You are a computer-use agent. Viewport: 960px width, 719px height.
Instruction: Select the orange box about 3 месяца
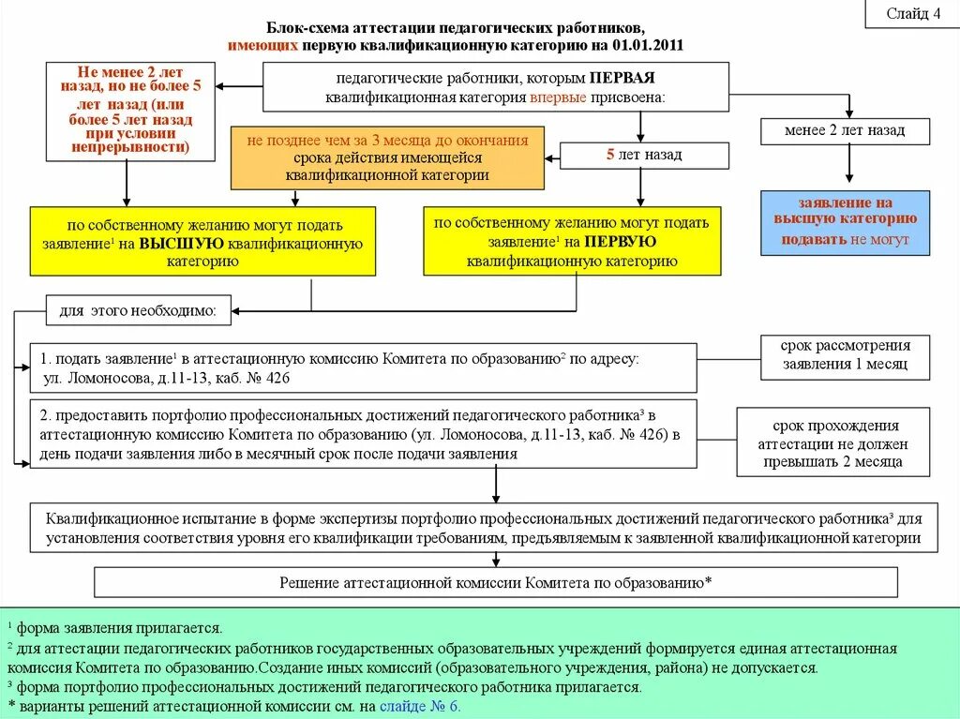coord(387,157)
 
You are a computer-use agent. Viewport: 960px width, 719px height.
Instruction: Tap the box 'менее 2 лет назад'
coord(845,131)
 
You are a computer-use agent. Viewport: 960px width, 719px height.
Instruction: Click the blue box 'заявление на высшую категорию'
coord(845,222)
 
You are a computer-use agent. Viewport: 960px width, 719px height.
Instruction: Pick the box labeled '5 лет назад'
coord(643,155)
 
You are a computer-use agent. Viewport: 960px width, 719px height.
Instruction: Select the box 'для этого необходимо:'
coord(138,309)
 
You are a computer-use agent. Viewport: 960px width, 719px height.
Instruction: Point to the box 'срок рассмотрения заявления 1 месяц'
coord(845,356)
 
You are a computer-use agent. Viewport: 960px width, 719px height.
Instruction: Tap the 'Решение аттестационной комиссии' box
coord(496,582)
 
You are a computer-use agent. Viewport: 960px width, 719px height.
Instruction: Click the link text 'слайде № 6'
coord(420,707)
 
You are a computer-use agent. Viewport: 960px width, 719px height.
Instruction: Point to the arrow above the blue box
coord(849,166)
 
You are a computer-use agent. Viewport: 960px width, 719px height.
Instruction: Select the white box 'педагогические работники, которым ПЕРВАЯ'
coord(495,86)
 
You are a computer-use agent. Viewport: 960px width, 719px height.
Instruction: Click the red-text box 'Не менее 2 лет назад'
coord(130,111)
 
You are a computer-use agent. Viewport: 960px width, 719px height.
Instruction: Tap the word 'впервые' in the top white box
coord(558,97)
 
